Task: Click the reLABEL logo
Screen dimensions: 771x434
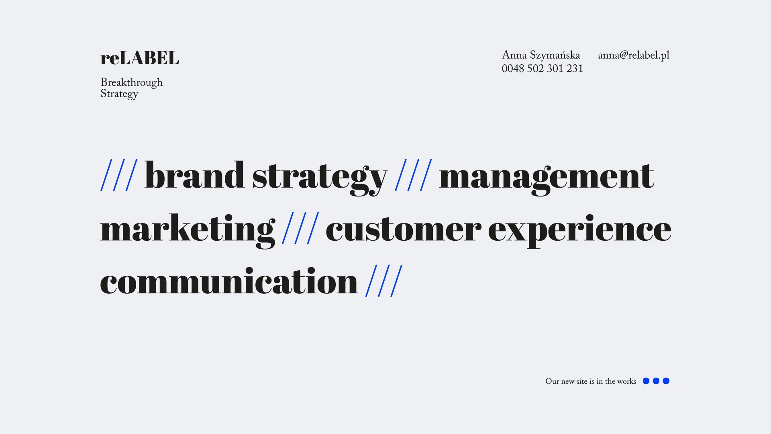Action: tap(139, 58)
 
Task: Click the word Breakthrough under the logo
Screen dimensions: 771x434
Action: tap(131, 83)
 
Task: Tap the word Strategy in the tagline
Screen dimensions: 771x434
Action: tap(119, 94)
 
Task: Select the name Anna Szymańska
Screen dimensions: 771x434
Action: tap(541, 55)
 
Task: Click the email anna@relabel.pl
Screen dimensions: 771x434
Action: tap(634, 55)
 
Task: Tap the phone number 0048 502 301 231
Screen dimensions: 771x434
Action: tap(542, 69)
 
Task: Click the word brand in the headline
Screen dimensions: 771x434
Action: tap(194, 175)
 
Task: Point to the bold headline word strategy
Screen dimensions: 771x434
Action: tap(320, 178)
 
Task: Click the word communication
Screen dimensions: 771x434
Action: tap(229, 281)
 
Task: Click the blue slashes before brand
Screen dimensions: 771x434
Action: tap(119, 175)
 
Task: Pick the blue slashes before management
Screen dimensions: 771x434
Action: tap(414, 175)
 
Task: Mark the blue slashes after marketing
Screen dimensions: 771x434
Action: tap(301, 228)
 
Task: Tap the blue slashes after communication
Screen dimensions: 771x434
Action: tap(384, 280)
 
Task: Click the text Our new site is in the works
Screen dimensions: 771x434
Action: tap(591, 381)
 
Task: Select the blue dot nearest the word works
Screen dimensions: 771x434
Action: tap(646, 381)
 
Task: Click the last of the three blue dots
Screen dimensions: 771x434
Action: tap(666, 381)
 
